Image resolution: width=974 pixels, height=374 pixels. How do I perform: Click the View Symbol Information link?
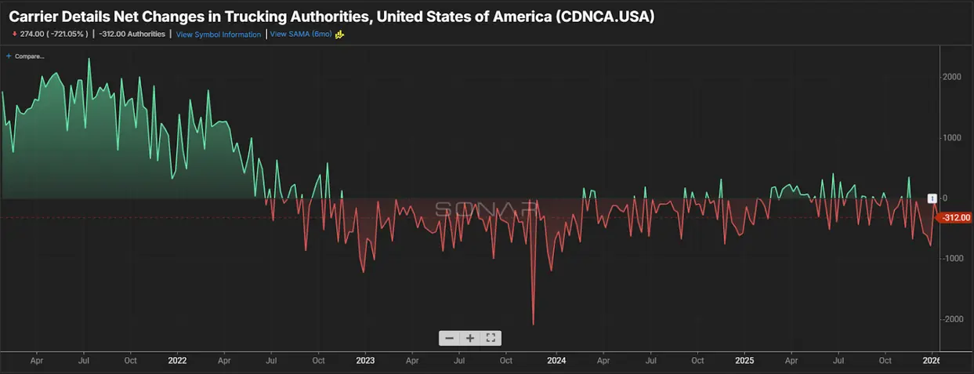pyautogui.click(x=219, y=34)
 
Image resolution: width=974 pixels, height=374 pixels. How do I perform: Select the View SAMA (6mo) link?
pyautogui.click(x=301, y=34)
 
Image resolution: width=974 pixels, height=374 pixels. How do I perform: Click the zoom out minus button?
pyautogui.click(x=449, y=338)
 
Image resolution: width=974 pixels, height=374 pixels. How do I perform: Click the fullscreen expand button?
pyautogui.click(x=491, y=338)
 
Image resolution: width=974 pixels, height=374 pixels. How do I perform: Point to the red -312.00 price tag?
pyautogui.click(x=956, y=218)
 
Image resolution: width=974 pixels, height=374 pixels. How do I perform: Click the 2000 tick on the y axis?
pyautogui.click(x=951, y=77)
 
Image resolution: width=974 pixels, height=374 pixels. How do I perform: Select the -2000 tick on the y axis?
pyautogui.click(x=951, y=319)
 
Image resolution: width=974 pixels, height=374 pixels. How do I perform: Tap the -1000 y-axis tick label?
pyautogui.click(x=951, y=259)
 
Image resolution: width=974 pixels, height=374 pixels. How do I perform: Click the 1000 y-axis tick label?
pyautogui.click(x=951, y=138)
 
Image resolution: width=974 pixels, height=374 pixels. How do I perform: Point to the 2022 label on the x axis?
pyautogui.click(x=177, y=361)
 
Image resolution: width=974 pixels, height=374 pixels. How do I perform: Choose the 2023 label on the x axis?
pyautogui.click(x=365, y=361)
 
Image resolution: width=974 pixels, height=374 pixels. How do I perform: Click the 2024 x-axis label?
pyautogui.click(x=556, y=361)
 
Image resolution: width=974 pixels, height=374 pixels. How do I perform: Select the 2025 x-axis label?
pyautogui.click(x=744, y=361)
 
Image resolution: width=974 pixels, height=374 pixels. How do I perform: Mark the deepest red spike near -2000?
pyautogui.click(x=533, y=323)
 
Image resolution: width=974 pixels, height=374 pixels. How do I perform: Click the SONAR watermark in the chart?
pyautogui.click(x=486, y=209)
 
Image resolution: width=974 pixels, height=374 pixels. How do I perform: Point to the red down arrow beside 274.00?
pyautogui.click(x=14, y=34)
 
